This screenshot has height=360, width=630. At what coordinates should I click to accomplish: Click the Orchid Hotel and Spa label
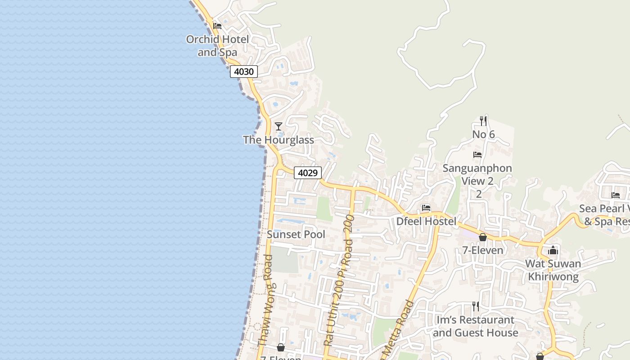tap(217, 46)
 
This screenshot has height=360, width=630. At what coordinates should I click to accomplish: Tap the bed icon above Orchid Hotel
tap(217, 26)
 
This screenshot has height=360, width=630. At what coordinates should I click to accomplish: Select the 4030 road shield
tap(244, 71)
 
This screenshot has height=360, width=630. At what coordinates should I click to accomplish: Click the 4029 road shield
tap(308, 173)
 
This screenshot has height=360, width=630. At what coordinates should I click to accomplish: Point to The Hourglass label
tap(279, 140)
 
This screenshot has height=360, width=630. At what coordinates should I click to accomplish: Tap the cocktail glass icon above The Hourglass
tap(279, 126)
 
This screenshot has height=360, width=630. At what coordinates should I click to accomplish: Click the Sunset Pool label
tap(296, 234)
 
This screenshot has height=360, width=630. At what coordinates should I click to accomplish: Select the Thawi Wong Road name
tap(265, 301)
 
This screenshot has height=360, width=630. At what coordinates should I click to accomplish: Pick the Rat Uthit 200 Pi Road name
tap(339, 281)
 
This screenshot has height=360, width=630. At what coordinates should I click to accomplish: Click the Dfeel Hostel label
tap(426, 221)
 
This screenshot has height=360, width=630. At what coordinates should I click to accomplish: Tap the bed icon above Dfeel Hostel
tap(426, 208)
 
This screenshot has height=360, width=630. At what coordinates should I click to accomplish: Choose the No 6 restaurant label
tap(483, 135)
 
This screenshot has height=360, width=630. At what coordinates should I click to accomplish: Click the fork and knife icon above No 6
tap(483, 121)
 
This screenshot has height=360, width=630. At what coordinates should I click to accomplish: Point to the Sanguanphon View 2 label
tap(477, 175)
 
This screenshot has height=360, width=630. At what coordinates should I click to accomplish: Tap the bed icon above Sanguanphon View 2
tap(477, 155)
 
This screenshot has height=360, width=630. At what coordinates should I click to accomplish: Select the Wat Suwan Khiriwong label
tap(553, 270)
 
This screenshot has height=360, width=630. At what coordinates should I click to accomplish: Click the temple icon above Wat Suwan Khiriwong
tap(553, 251)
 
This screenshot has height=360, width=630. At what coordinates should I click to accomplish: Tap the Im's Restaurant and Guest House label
tap(476, 326)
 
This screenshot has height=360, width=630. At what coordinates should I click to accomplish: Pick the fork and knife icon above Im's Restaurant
tap(476, 306)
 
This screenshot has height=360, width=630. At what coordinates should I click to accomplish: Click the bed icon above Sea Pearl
tap(616, 195)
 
